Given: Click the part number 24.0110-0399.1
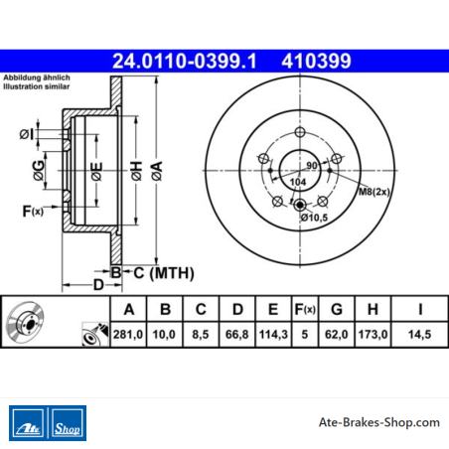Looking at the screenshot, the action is pyautogui.click(x=185, y=62).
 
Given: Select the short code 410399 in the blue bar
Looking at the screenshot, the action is pyautogui.click(x=316, y=62).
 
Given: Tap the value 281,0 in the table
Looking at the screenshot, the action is pyautogui.click(x=128, y=335).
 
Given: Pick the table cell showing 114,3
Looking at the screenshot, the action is pyautogui.click(x=273, y=335).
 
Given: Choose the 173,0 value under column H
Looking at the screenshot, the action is pyautogui.click(x=373, y=335).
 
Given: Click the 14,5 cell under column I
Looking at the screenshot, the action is pyautogui.click(x=419, y=335).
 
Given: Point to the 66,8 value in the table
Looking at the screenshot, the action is pyautogui.click(x=236, y=335).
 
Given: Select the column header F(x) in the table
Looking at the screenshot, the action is pyautogui.click(x=305, y=309).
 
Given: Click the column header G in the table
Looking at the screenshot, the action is pyautogui.click(x=337, y=309).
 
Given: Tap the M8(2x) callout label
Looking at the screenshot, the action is pyautogui.click(x=374, y=192).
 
